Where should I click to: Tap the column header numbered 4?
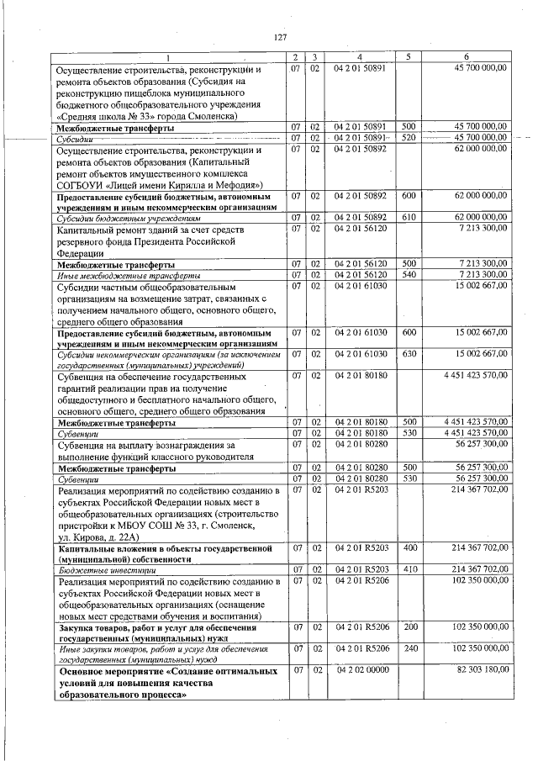point(359,57)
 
